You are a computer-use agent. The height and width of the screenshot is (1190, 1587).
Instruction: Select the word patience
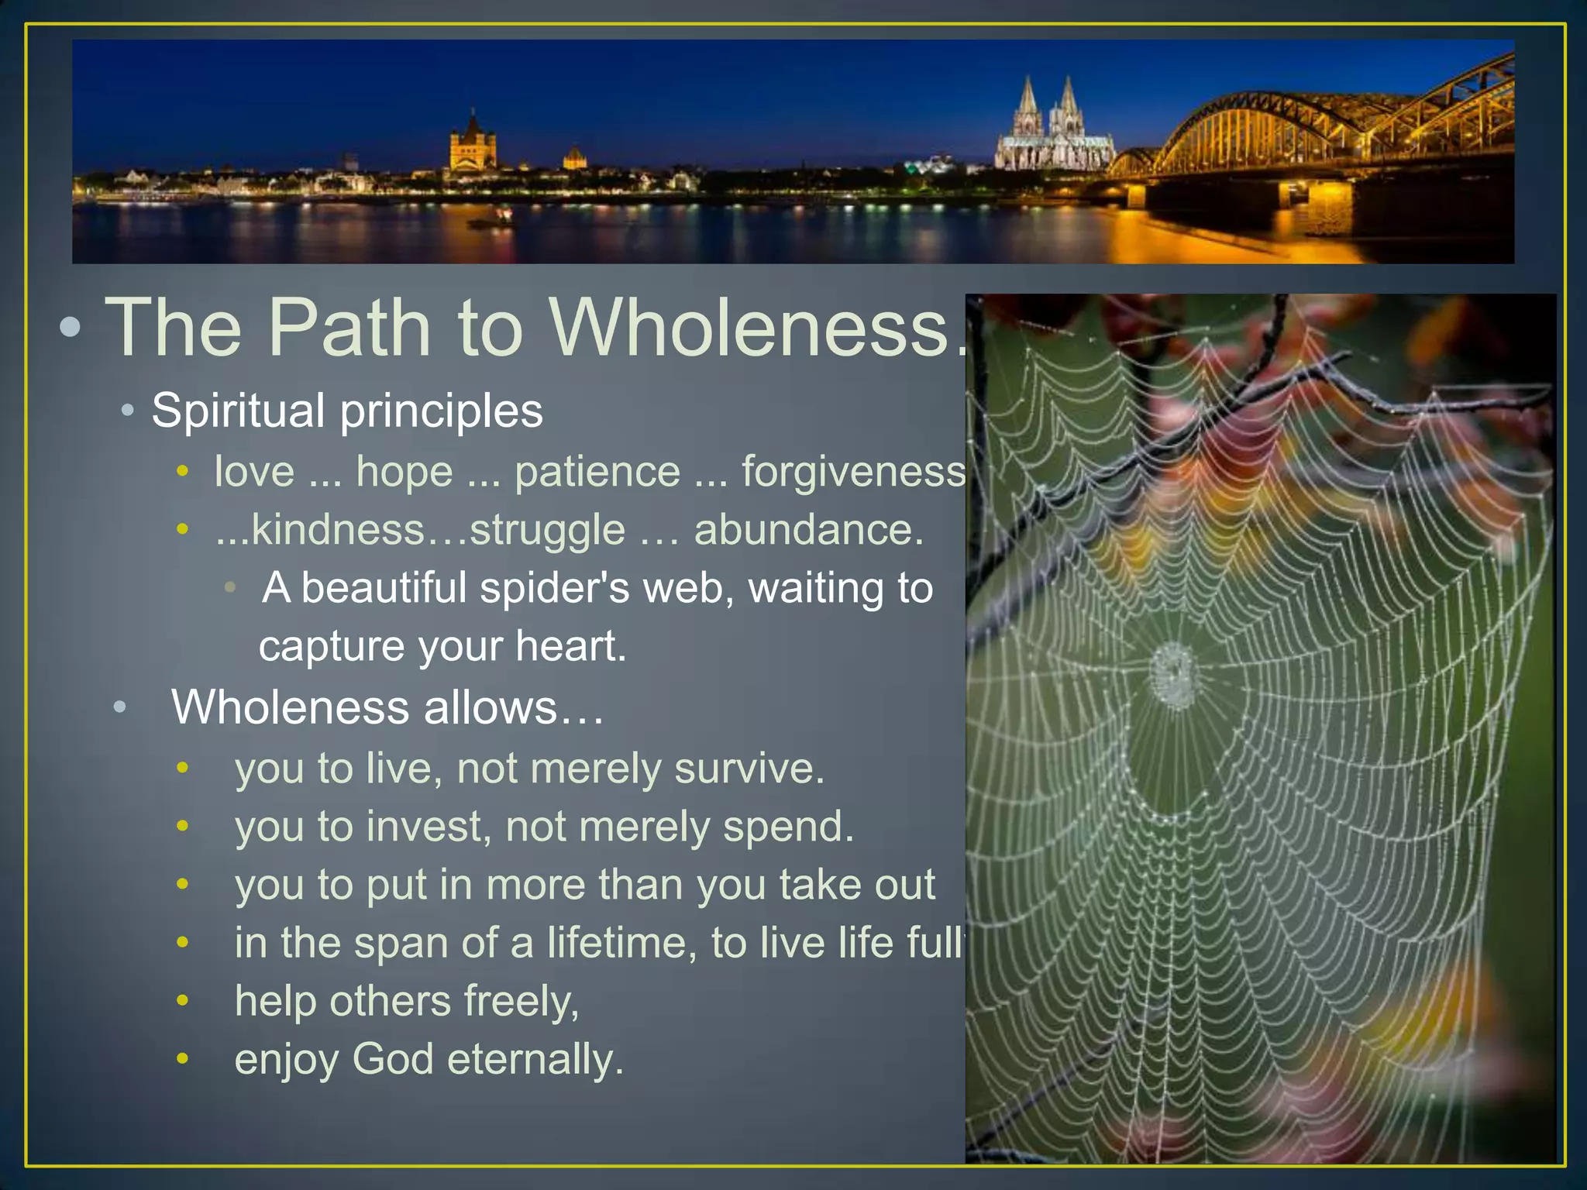click(x=597, y=471)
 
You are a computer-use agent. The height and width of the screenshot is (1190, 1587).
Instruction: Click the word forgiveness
click(x=853, y=471)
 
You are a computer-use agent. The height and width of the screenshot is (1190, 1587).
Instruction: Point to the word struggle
click(x=547, y=530)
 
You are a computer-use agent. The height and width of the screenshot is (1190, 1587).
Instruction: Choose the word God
click(x=392, y=1059)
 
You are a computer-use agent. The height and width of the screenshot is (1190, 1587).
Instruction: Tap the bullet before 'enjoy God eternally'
click(x=183, y=1058)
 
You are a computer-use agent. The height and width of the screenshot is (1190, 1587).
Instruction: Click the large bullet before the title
click(x=70, y=328)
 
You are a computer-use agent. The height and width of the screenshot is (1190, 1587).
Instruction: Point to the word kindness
click(x=339, y=530)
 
